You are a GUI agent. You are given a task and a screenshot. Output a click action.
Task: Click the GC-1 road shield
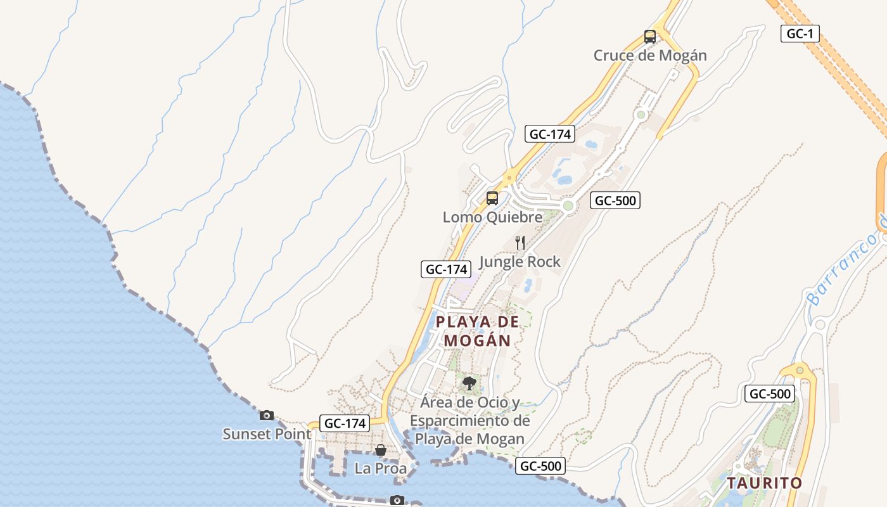pos(800,34)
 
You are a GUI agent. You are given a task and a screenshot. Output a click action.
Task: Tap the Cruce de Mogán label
pos(650,56)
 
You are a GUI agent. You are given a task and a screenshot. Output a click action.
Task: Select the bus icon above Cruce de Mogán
pos(650,37)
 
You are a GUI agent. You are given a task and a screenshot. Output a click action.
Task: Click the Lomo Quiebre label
pos(492,217)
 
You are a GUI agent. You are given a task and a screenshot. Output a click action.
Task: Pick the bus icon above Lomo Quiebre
pos(492,198)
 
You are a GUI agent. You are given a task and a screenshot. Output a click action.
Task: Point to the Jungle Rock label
pos(520,262)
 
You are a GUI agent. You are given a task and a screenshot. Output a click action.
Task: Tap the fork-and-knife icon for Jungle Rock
pos(520,243)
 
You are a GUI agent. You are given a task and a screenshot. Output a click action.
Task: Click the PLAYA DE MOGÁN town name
pos(477,331)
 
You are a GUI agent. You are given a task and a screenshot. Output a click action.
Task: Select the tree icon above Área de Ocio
pos(469,383)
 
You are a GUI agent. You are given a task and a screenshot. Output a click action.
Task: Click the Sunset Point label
pos(267,434)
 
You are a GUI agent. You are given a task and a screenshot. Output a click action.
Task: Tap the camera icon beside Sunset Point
pos(267,416)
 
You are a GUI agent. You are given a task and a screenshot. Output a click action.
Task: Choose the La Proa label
pos(380,469)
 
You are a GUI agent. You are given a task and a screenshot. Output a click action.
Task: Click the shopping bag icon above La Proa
pos(381,450)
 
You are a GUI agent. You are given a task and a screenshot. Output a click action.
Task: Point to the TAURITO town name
pos(764,483)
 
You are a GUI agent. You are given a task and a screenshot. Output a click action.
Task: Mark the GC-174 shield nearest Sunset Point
pos(345,423)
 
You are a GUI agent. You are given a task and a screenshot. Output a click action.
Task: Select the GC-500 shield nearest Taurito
pos(769,394)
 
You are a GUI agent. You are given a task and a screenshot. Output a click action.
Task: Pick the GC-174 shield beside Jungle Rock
pos(447,269)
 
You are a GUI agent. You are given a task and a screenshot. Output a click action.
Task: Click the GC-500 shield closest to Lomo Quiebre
pos(615,201)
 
